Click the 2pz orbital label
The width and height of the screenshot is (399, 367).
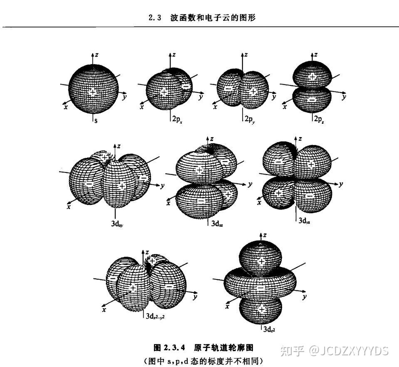pos(319,119)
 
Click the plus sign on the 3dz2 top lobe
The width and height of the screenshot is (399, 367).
pos(261,261)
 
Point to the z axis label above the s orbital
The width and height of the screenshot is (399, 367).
pos(97,55)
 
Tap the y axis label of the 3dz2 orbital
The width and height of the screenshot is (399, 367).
pos(305,297)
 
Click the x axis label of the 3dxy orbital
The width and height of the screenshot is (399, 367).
pos(68,206)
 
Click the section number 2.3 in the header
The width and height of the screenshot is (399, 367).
pos(154,18)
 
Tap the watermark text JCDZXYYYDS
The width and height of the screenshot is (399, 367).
pos(353,350)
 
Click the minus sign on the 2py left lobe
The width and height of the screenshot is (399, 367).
pos(228,89)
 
